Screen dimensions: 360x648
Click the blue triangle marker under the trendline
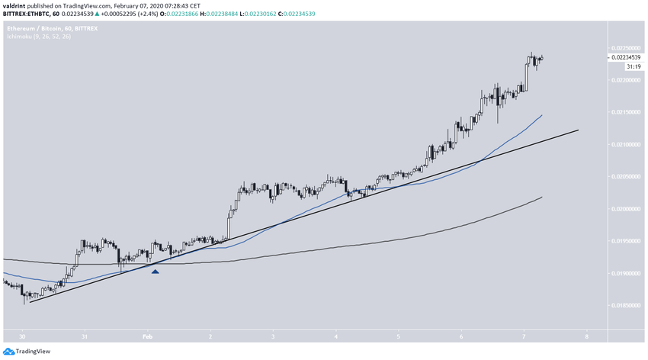[156, 271]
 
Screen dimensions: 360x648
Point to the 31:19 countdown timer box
[632, 66]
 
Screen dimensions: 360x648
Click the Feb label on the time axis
[148, 336]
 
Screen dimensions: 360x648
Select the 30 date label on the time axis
[23, 336]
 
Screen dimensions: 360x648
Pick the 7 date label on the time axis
[524, 336]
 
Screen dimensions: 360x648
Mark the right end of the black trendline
[578, 130]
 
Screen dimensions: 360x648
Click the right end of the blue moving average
[542, 115]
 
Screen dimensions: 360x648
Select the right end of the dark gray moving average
[542, 197]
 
